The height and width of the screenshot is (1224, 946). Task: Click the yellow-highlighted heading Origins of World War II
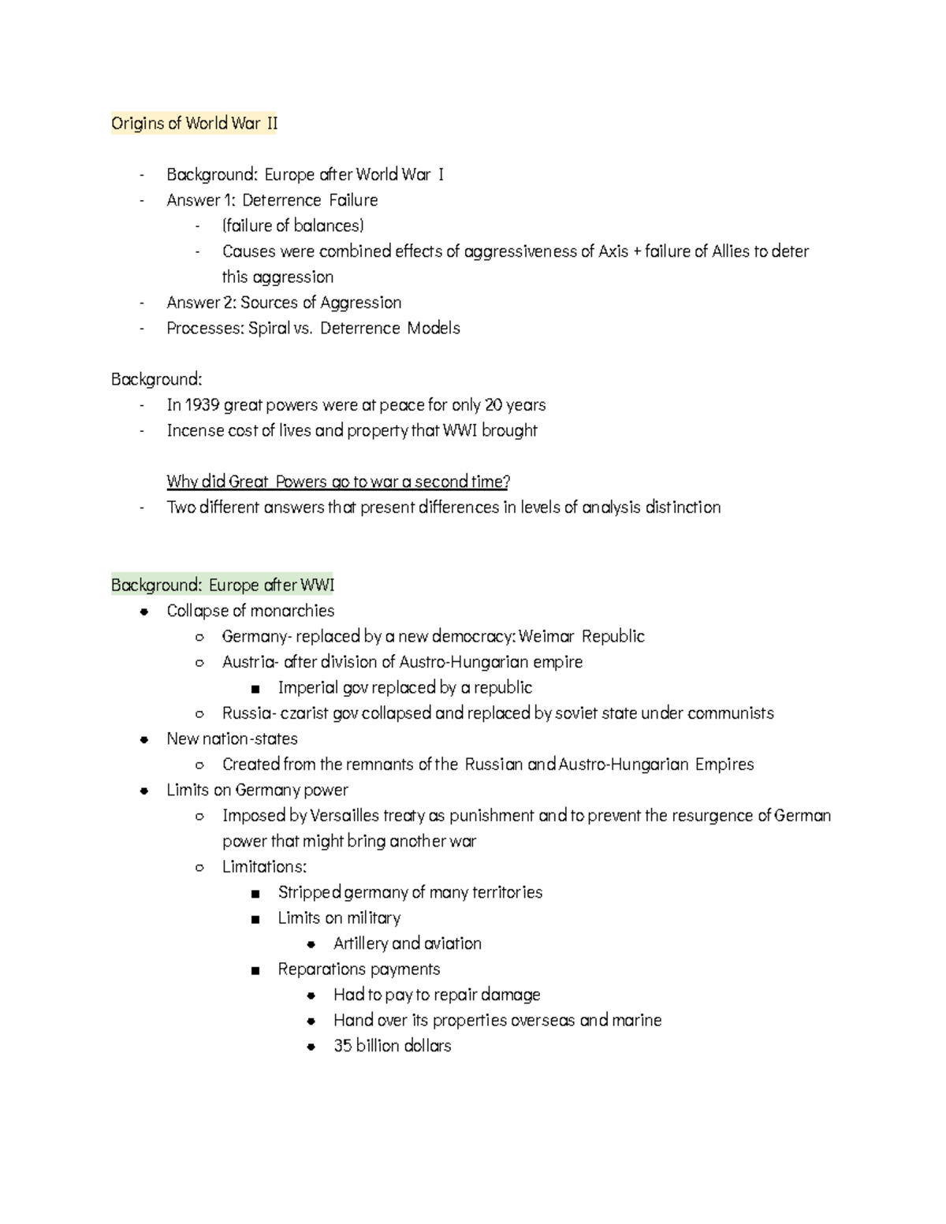pos(194,124)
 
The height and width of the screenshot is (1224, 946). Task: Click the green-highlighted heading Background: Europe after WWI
pos(222,585)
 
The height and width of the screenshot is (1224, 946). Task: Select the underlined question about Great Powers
pos(338,482)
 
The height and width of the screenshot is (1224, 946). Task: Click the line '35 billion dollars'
pos(392,1046)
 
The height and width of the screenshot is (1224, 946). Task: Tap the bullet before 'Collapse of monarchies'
pos(143,612)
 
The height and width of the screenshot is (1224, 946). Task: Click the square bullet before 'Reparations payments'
pos(255,970)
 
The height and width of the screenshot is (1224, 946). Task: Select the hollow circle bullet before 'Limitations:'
pos(199,868)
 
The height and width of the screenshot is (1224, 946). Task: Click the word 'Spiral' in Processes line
pos(269,328)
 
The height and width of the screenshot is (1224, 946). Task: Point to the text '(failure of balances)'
pos(292,226)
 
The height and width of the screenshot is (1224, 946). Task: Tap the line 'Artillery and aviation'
pos(407,943)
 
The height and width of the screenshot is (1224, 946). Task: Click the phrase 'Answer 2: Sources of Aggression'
pos(284,303)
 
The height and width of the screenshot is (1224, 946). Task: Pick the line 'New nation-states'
pos(232,738)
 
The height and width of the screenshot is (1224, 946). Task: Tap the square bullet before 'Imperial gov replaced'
pos(255,689)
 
